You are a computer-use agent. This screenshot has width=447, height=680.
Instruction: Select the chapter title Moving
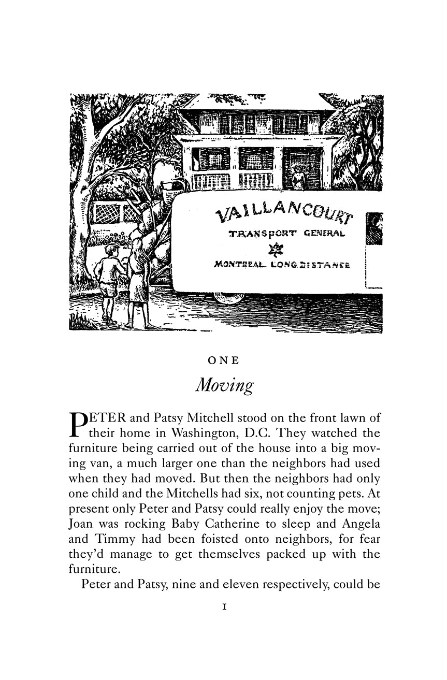click(x=224, y=386)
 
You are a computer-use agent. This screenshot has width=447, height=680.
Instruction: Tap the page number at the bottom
click(x=224, y=607)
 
